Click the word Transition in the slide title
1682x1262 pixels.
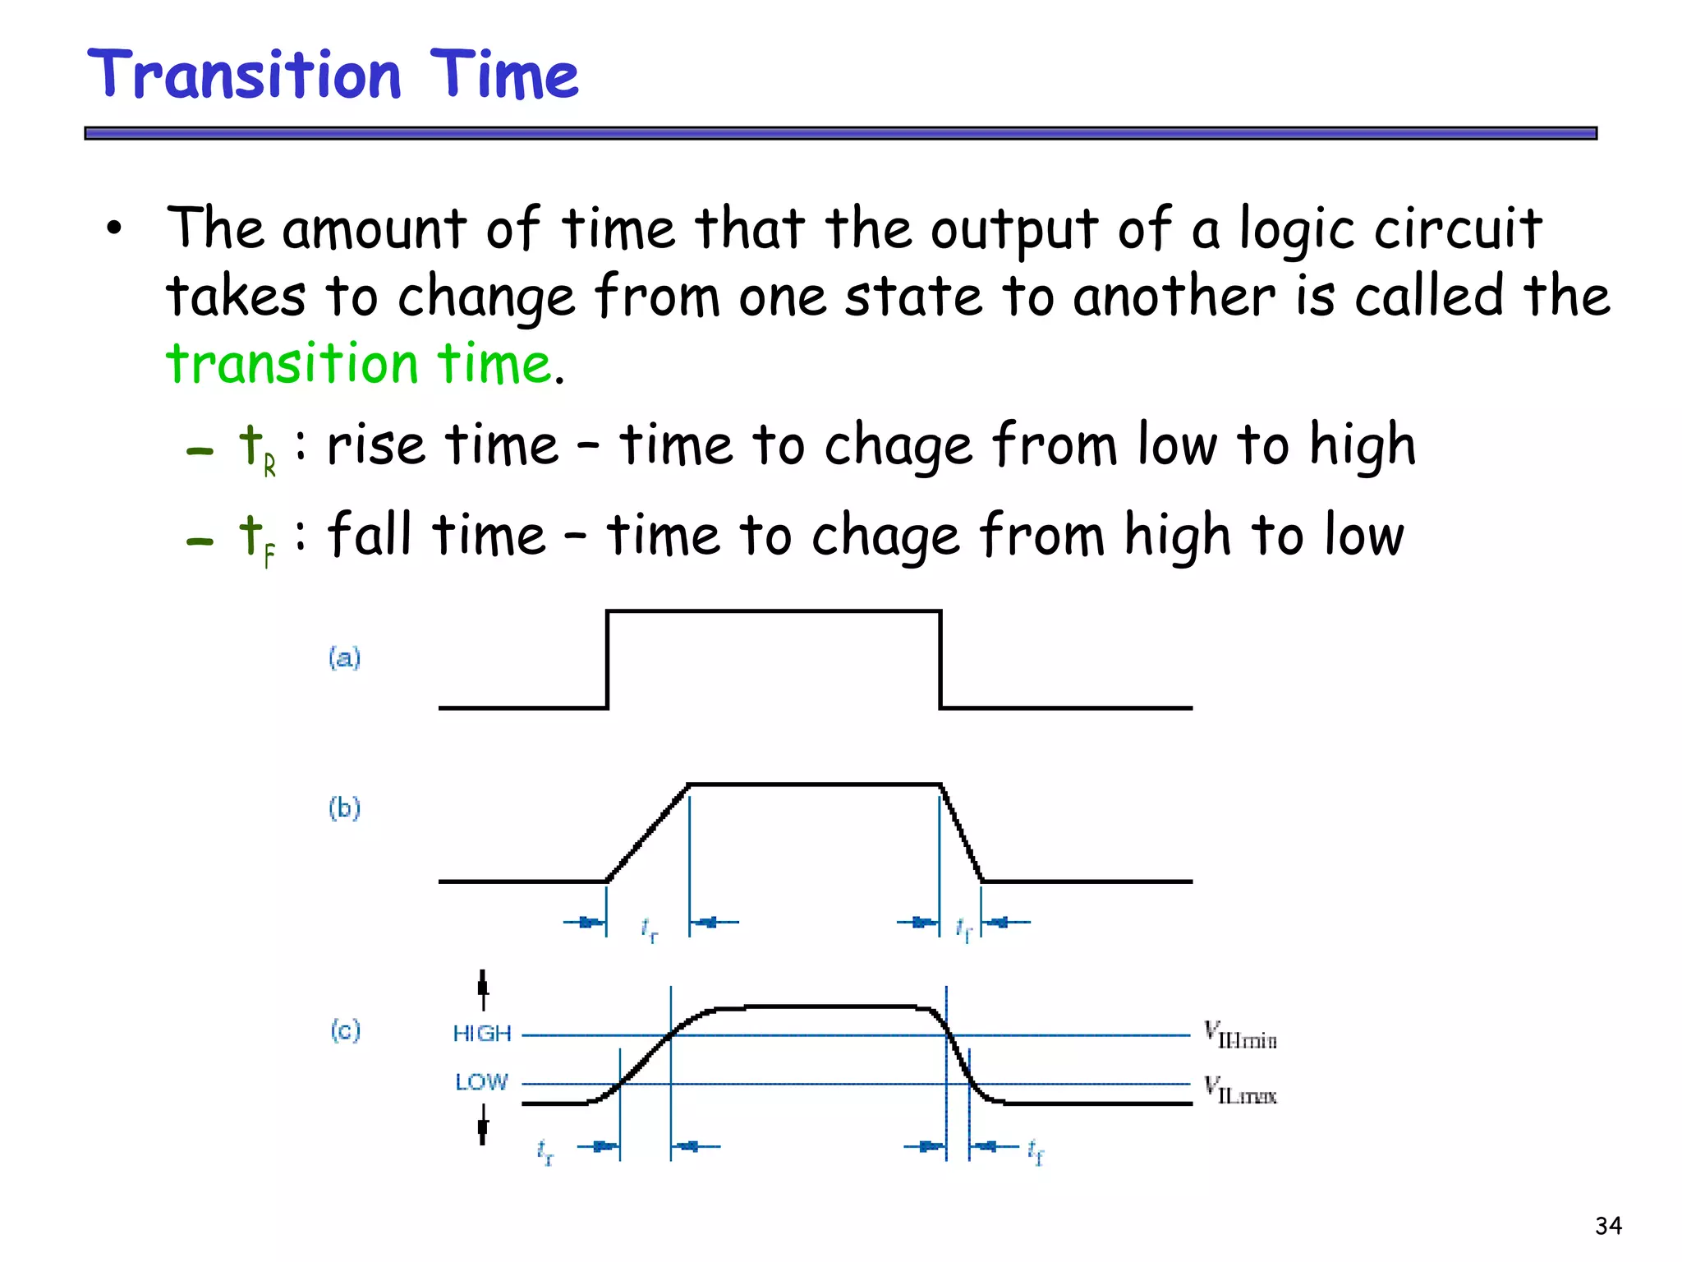click(x=245, y=76)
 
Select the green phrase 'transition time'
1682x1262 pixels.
click(x=358, y=364)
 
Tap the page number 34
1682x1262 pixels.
click(x=1608, y=1226)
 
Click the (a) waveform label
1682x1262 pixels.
click(x=344, y=658)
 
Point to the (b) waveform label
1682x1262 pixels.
click(x=344, y=808)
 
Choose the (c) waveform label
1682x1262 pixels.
click(x=345, y=1030)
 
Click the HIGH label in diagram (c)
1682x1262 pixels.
click(x=482, y=1034)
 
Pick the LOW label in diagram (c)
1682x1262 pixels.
click(x=481, y=1082)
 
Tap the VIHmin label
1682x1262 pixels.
click(x=1240, y=1035)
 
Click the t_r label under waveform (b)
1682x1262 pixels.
click(x=649, y=930)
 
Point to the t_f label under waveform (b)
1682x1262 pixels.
click(x=963, y=929)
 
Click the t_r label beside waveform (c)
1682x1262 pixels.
click(x=545, y=1152)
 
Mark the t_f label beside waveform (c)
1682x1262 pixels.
click(x=1035, y=1152)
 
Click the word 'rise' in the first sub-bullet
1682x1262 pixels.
click(x=375, y=446)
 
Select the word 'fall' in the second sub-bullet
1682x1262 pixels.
click(x=369, y=535)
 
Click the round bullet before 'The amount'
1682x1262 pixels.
click(x=114, y=229)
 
